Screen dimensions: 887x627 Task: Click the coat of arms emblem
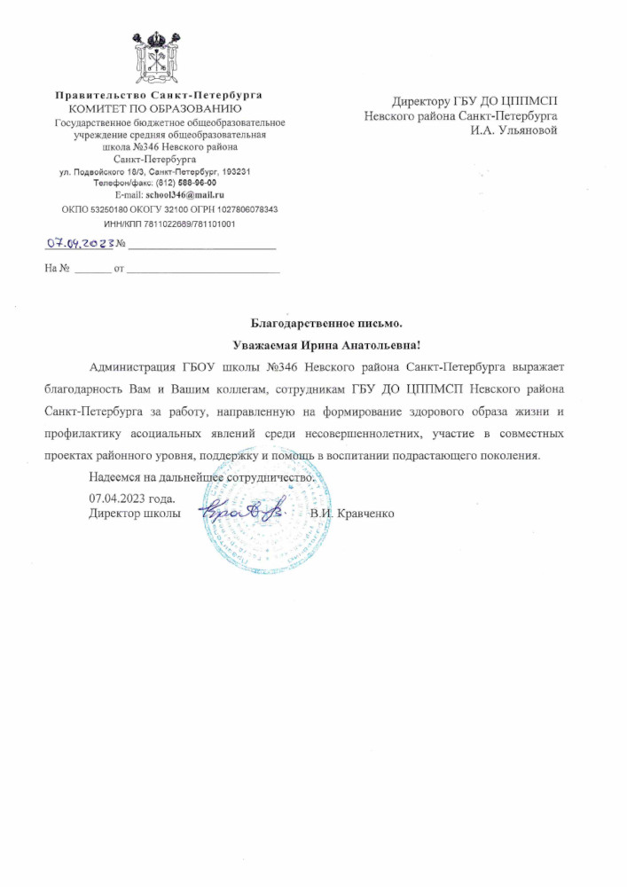click(158, 55)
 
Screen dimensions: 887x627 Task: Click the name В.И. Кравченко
click(352, 514)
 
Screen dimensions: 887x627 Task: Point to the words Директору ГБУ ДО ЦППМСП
click(475, 101)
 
